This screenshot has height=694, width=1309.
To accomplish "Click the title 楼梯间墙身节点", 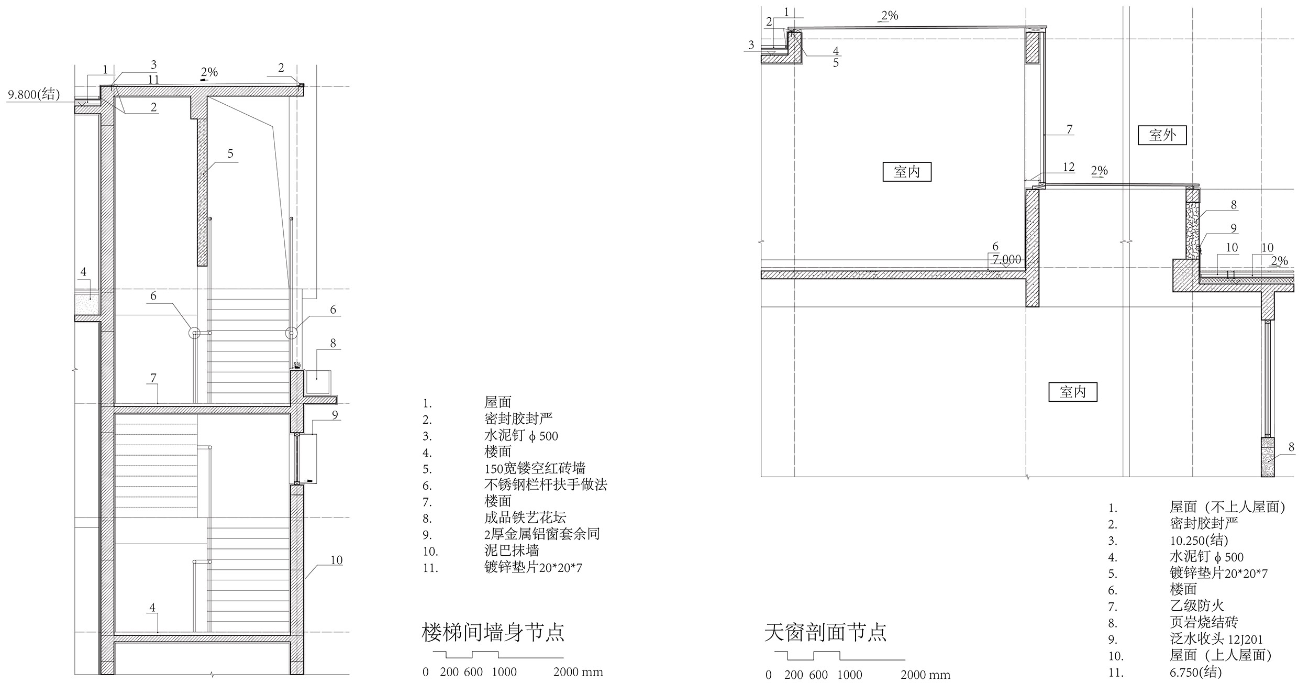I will (493, 632).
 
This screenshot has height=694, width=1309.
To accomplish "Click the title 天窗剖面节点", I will (825, 632).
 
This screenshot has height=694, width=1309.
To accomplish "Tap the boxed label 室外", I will (1162, 136).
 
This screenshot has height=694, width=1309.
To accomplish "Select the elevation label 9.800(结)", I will (34, 95).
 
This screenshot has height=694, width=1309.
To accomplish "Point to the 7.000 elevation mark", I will (1006, 260).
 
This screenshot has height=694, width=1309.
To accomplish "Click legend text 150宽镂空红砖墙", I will (535, 468).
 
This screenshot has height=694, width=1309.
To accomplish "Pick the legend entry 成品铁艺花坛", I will (525, 518).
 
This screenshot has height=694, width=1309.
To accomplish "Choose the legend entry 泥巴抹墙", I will (512, 550).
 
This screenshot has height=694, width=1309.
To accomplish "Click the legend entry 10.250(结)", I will (1199, 541).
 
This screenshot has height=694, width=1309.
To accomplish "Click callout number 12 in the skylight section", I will (1069, 167).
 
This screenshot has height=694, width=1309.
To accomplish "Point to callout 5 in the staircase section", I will (230, 154).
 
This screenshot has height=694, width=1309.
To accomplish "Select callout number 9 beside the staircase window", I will (335, 415).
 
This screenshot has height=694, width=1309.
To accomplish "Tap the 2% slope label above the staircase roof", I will (209, 72).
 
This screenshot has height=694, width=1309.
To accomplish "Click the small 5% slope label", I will (297, 365).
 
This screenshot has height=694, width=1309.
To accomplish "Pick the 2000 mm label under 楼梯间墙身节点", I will (578, 672).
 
